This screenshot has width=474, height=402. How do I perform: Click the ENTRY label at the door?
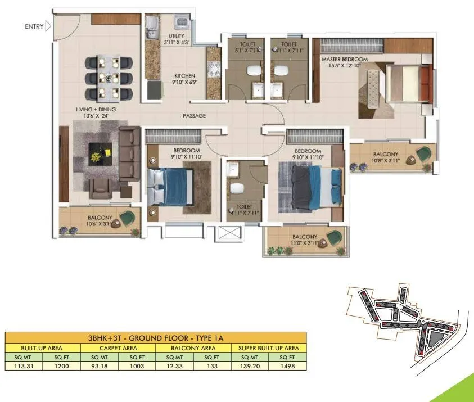coord(34,26)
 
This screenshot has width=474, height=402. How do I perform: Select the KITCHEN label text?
coord(184,75)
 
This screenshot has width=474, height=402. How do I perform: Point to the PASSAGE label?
coord(194,116)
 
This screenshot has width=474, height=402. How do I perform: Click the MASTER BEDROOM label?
coord(344,59)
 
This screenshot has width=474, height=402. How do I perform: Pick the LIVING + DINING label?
coord(97,109)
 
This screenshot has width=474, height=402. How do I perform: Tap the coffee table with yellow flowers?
coord(101,153)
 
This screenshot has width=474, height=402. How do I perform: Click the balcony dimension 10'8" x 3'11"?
coord(385,161)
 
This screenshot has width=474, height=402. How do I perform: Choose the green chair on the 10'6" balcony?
coord(129,218)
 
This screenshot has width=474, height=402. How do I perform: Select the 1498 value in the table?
coord(287,365)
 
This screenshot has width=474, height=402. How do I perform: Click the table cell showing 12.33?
coord(174,365)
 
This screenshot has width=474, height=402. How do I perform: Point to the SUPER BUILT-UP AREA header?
coord(269,348)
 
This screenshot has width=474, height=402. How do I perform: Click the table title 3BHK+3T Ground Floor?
coord(156,338)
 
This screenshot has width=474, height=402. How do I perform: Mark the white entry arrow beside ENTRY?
coord(48,26)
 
